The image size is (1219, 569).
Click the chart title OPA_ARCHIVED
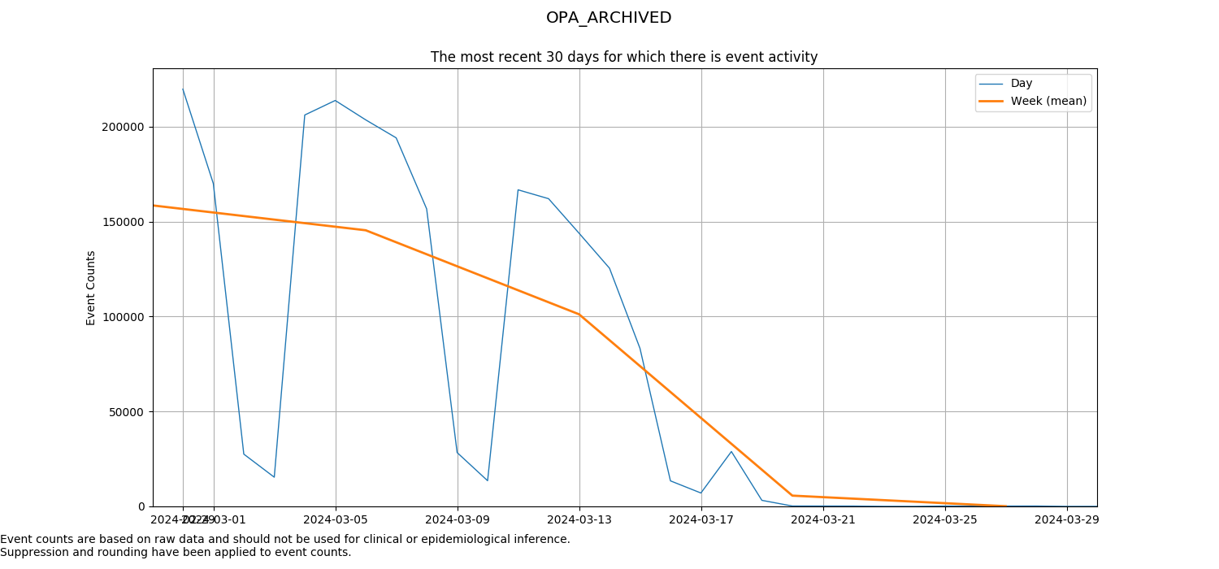tap(609, 18)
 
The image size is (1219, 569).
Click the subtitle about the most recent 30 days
tap(623, 57)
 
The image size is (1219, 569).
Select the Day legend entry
tap(1021, 83)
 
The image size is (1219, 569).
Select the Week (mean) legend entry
tap(1048, 101)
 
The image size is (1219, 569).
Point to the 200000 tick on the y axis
tap(123, 127)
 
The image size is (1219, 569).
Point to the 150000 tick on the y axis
tap(123, 222)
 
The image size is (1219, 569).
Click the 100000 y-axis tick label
tap(123, 317)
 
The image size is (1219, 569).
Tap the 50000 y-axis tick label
tap(126, 412)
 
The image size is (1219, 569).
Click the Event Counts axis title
tap(91, 288)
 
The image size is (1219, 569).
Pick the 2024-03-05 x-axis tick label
tap(336, 519)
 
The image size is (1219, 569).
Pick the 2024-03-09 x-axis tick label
tap(458, 519)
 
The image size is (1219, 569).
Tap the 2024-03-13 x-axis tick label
tap(579, 519)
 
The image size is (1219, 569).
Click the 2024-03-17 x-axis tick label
tap(701, 519)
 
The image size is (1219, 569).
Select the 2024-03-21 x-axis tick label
tap(823, 519)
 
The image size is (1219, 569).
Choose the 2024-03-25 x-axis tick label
tap(945, 519)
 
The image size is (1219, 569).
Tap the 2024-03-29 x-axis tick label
tap(1067, 519)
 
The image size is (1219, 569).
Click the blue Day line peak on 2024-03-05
tap(335, 101)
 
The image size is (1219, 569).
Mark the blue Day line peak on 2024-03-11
tap(518, 189)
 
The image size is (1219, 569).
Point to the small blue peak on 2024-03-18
tap(731, 452)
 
